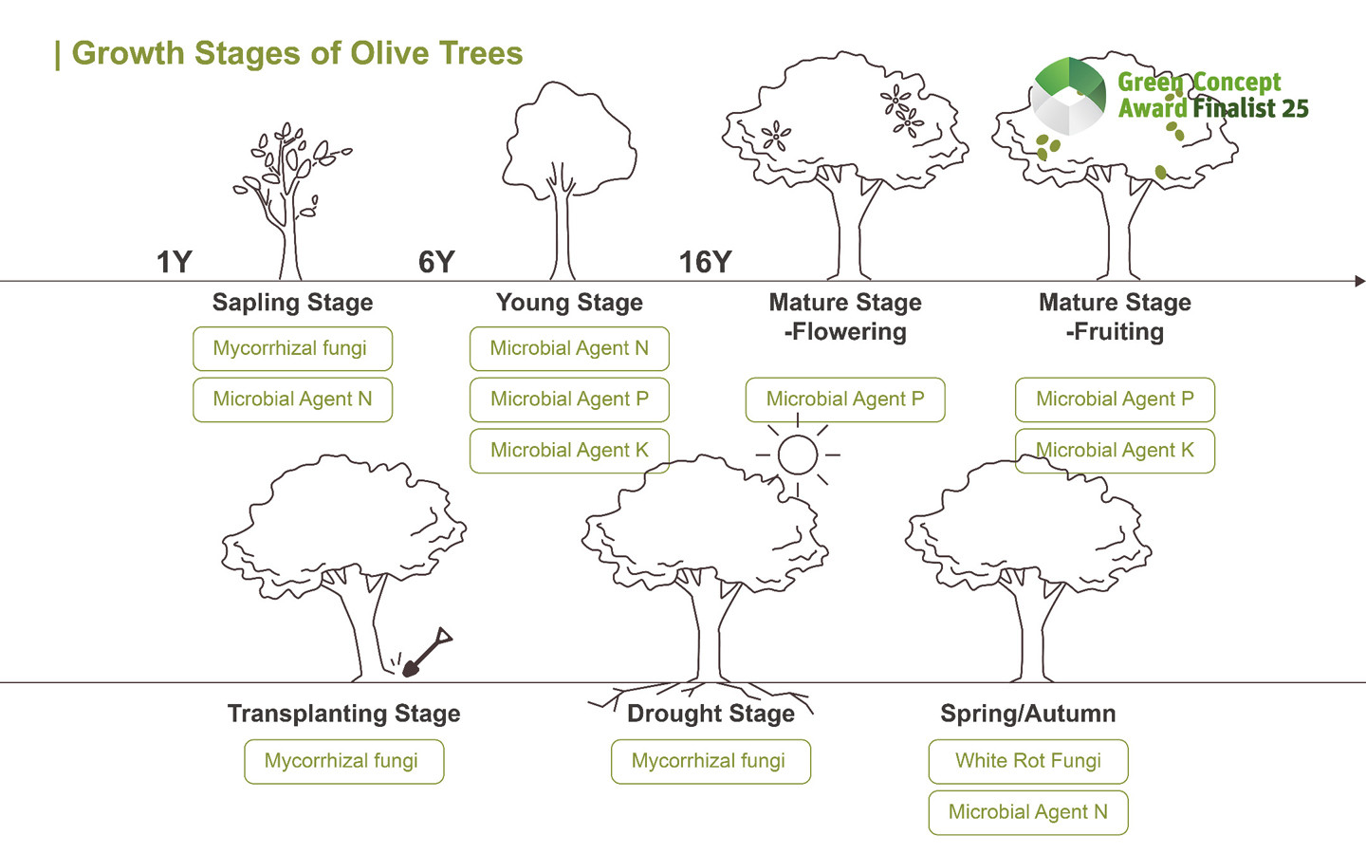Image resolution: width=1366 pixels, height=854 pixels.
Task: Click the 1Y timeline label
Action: tap(175, 262)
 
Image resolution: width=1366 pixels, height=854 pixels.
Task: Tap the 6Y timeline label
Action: tap(436, 262)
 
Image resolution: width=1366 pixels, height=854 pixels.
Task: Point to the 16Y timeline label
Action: tap(705, 262)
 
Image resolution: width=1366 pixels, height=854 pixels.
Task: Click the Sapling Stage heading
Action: tap(292, 303)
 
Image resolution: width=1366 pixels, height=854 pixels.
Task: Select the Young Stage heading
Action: tap(569, 303)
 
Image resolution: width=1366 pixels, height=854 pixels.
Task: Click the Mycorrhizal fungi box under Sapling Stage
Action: tap(292, 348)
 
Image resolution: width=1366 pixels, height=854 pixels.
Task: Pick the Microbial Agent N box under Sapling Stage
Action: tap(292, 399)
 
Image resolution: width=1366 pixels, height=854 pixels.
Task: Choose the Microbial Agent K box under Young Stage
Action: tap(569, 451)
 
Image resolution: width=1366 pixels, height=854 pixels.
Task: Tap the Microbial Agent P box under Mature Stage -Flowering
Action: tap(845, 399)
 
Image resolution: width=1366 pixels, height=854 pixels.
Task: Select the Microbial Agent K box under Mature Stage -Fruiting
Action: tap(1115, 451)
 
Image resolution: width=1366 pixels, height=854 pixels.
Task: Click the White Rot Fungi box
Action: tap(1028, 761)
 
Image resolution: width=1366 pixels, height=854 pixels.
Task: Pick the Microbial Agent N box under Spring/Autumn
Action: tap(1028, 812)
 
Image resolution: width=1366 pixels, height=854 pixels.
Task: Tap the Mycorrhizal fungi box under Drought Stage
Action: tap(711, 761)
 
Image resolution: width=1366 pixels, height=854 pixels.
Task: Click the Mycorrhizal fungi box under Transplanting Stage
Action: tap(343, 761)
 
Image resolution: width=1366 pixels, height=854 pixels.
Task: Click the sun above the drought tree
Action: tap(798, 455)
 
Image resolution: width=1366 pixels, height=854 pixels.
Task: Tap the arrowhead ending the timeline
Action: tap(1359, 281)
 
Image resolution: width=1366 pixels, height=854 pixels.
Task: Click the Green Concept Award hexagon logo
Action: tap(1069, 95)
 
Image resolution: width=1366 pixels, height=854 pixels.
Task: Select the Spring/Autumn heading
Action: tap(1028, 714)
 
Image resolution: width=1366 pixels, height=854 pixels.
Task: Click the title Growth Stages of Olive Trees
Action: tap(297, 53)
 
